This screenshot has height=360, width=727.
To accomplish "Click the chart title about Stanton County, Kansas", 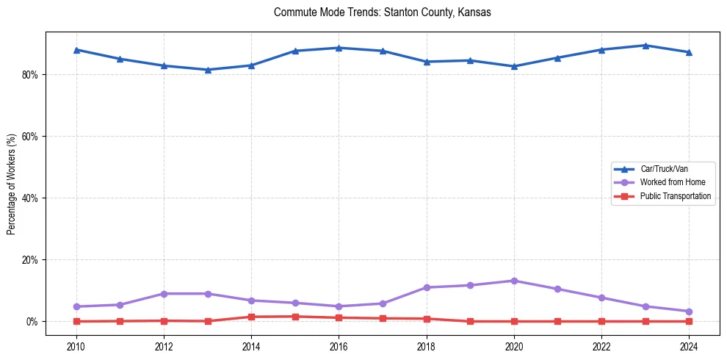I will pos(382,12).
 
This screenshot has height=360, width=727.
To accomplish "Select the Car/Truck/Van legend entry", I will pos(664,169).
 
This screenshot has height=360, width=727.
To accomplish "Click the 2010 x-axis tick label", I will pos(76,345).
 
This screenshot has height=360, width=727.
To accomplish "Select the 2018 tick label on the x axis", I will pos(427,345).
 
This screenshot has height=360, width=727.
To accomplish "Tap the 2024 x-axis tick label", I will pos(689,345).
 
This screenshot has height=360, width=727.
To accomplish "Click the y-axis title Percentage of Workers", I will pos(12,184).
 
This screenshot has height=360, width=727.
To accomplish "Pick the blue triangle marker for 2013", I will pos(208,70).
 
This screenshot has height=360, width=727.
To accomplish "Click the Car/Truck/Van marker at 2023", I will pos(645,46).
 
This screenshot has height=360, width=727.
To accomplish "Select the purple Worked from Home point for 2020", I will pos(514,281).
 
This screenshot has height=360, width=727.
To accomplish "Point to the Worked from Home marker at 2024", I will pos(689,312).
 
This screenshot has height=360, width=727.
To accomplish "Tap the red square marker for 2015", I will pos(295,317).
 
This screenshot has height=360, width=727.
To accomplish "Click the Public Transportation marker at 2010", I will pos(76,321).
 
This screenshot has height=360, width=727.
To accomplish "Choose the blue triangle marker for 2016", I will pos(339,48).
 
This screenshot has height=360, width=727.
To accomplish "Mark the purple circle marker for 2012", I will pos(164,294).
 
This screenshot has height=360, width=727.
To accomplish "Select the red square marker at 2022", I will pos(601,321).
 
